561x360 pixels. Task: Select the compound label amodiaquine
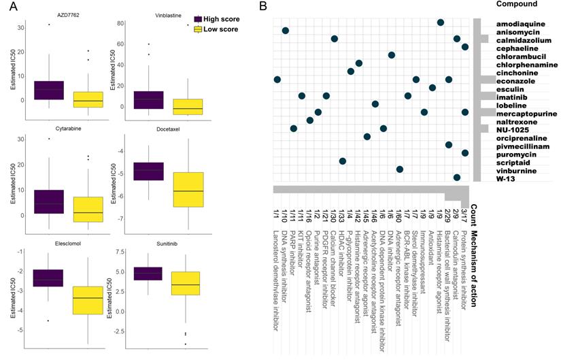click(x=513, y=23)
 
